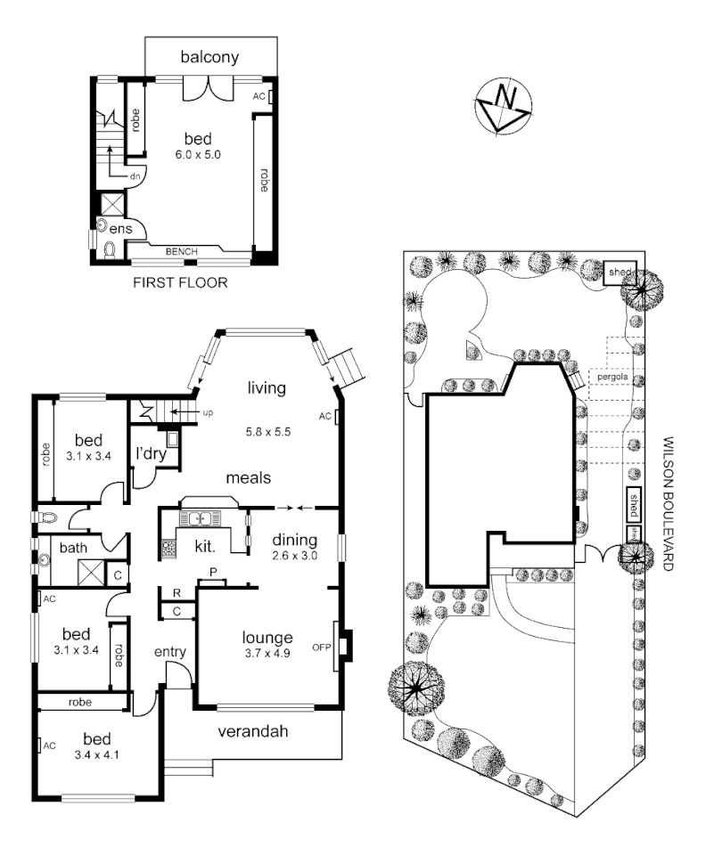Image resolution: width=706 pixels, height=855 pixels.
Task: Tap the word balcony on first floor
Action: coord(209,58)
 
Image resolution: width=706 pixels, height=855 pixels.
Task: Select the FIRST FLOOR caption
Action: coord(180,283)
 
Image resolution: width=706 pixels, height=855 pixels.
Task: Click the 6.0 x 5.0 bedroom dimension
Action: coord(197,154)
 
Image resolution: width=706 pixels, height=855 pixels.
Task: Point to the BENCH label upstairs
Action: coord(182,252)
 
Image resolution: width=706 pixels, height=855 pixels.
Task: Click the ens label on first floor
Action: coord(120,229)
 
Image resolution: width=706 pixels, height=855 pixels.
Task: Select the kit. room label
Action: coord(195,545)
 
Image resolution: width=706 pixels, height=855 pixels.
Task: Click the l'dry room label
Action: coord(147,453)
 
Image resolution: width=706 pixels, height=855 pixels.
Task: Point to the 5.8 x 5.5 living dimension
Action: coord(268,432)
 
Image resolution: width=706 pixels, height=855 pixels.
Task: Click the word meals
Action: coord(248,477)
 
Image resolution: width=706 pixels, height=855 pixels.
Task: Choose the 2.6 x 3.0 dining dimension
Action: coord(294,556)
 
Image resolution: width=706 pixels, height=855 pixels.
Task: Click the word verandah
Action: coord(254,732)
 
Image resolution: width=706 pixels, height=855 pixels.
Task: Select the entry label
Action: coord(169,652)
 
